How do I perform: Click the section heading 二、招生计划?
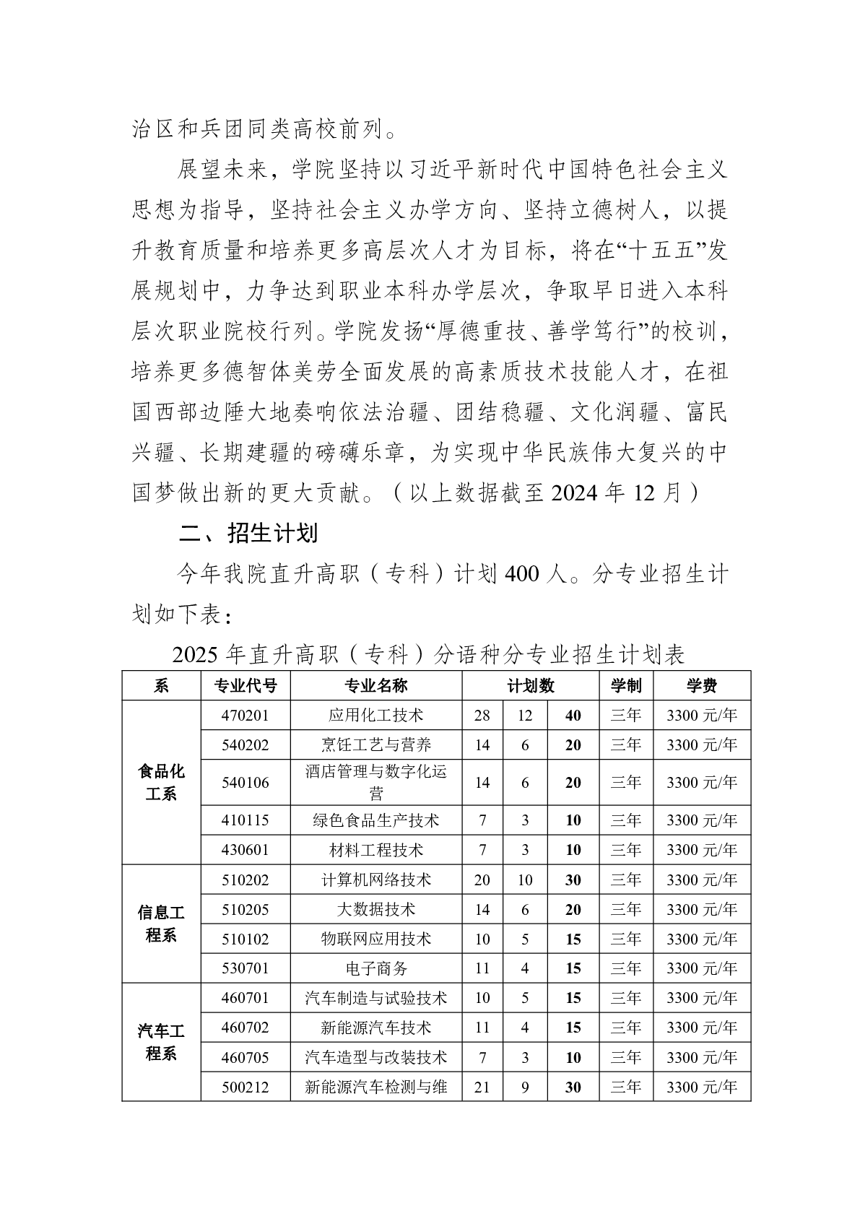click(248, 534)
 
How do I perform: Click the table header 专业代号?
click(246, 685)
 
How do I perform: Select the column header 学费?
click(701, 685)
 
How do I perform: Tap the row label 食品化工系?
click(161, 782)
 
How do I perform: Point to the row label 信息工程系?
click(161, 924)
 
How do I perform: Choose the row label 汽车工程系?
click(161, 1042)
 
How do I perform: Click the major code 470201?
click(246, 716)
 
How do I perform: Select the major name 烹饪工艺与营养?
click(375, 744)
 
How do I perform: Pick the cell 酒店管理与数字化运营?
click(375, 782)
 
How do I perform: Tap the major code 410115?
click(246, 820)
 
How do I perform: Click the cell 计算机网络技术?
click(375, 880)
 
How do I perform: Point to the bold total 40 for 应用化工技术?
click(573, 716)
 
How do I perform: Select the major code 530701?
click(246, 968)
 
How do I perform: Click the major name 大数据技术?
click(375, 909)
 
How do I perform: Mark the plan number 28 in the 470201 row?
click(482, 716)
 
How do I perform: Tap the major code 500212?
click(246, 1087)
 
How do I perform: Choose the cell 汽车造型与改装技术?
click(375, 1057)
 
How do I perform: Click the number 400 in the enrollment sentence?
click(522, 574)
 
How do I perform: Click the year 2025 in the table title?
click(196, 655)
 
